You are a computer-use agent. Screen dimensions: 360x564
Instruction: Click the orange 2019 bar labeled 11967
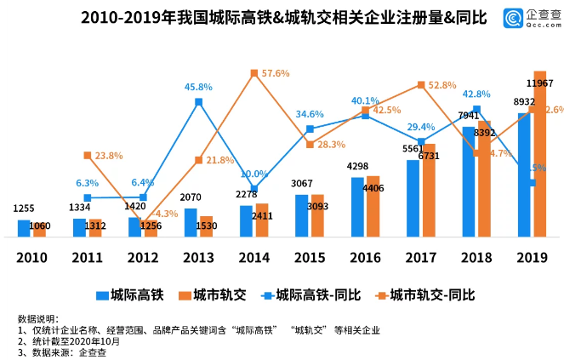click(539, 153)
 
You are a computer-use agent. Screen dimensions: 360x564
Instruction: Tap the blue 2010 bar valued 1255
click(25, 228)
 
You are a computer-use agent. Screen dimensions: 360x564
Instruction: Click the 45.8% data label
click(198, 87)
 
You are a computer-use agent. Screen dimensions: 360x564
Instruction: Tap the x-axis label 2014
click(254, 256)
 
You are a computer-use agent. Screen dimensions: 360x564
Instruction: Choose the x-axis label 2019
click(532, 256)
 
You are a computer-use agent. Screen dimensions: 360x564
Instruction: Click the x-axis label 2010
click(31, 256)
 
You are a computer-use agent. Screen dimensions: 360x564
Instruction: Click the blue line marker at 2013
click(198, 102)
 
